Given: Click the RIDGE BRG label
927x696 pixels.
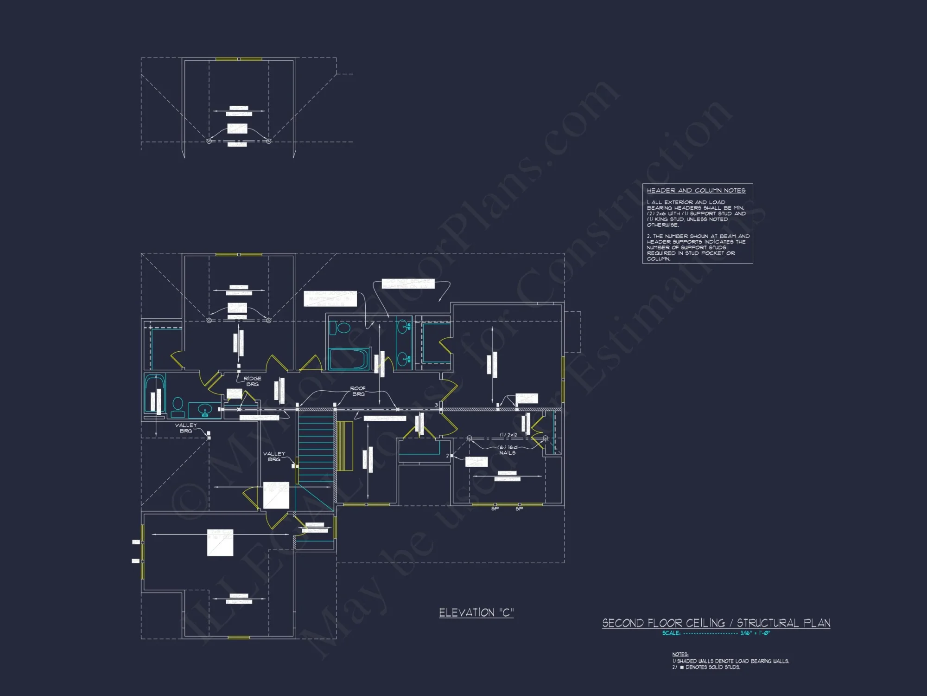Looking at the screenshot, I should (x=252, y=381).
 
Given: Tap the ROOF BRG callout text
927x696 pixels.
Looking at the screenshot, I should (x=358, y=391).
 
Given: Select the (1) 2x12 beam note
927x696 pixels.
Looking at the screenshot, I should (x=508, y=435).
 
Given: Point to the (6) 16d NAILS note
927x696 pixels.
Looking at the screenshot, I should (x=507, y=450).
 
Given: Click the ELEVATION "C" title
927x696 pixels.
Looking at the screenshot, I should (x=476, y=612).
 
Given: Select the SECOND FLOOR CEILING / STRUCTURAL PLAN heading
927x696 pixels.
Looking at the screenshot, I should (x=716, y=623).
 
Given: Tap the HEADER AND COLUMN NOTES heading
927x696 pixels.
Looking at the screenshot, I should (x=696, y=191).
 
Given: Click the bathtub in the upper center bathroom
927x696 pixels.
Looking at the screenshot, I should (x=349, y=359).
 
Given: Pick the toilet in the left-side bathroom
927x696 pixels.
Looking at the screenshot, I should (x=178, y=406).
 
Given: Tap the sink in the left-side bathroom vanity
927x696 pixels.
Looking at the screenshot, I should (x=204, y=410).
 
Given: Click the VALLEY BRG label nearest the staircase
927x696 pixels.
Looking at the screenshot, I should (x=274, y=457).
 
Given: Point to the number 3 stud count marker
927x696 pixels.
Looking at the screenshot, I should (x=436, y=405).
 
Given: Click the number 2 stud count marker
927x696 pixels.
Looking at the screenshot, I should (x=447, y=456).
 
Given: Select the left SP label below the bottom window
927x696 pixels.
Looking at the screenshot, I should (x=495, y=509).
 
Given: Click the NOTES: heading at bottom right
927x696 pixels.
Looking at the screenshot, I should (x=680, y=654).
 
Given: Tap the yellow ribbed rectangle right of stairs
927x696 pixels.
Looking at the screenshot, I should (x=344, y=446).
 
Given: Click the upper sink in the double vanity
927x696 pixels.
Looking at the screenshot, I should (x=404, y=328).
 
